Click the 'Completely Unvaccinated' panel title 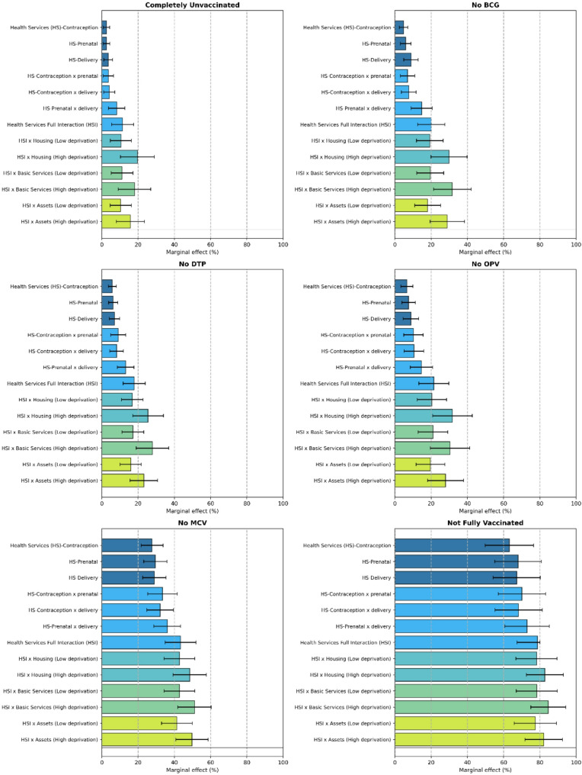[x=192, y=6]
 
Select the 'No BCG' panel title [x=484, y=6]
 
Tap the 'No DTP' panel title [x=192, y=265]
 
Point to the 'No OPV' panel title [x=484, y=265]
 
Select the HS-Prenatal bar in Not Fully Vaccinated [x=456, y=561]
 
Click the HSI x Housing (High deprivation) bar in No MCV [x=145, y=674]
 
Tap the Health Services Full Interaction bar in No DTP [x=118, y=383]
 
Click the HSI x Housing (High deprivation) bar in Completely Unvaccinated [x=120, y=156]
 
